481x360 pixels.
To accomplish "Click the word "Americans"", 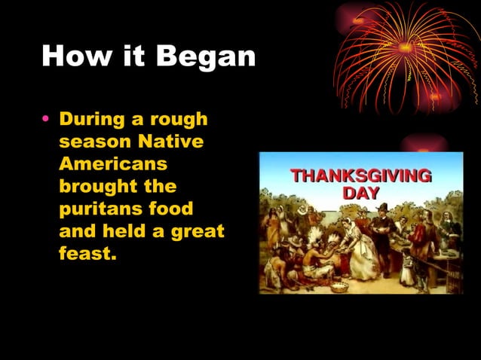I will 113,163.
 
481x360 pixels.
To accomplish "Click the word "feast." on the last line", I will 88,254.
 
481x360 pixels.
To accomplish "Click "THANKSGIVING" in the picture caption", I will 360,176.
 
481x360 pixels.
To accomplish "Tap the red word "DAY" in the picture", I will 360,193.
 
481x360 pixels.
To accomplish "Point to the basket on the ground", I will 340,286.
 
